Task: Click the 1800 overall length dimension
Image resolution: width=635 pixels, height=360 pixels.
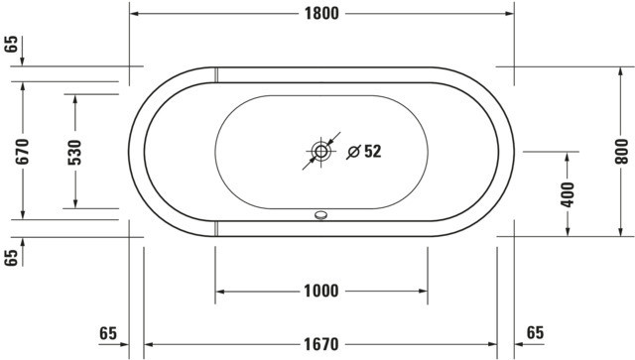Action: [321, 14]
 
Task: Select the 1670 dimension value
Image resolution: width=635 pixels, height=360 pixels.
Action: [321, 344]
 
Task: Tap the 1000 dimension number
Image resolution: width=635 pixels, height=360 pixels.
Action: [321, 291]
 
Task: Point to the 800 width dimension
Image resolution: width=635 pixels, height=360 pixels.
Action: [621, 152]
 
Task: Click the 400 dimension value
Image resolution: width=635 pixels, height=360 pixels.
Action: [568, 194]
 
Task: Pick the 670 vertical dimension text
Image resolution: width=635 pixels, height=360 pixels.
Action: [23, 151]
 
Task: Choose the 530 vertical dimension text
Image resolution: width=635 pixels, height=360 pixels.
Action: [75, 153]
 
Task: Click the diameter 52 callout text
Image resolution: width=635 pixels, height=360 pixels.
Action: [364, 152]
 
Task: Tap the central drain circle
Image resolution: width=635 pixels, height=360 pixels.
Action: [320, 152]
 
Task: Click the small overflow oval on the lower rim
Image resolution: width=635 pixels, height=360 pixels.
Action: [320, 215]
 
